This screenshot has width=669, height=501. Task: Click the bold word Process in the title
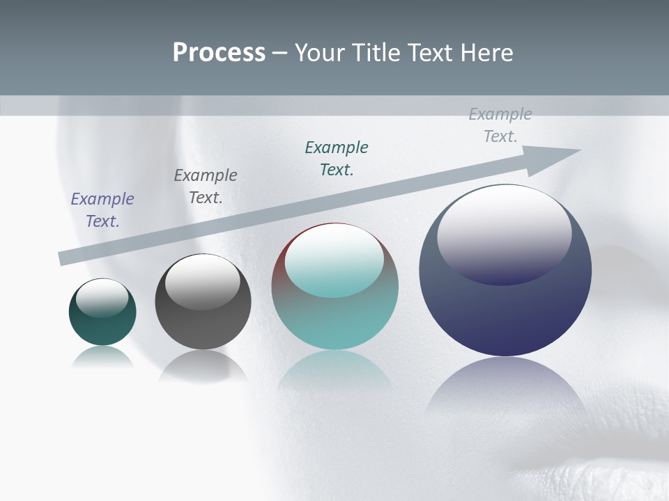click(x=219, y=53)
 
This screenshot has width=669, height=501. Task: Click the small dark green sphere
click(x=102, y=327)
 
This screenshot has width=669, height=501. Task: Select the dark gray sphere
click(x=203, y=324)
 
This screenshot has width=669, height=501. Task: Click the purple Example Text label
click(x=102, y=210)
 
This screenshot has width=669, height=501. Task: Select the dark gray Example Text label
click(x=206, y=186)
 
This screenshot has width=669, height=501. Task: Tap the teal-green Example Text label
click(x=337, y=159)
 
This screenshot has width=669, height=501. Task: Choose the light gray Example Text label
click(x=500, y=125)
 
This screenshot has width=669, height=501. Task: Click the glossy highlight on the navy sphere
click(x=504, y=233)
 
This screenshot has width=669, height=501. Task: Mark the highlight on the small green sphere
click(x=102, y=298)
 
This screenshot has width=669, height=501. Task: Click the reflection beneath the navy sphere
click(x=505, y=390)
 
